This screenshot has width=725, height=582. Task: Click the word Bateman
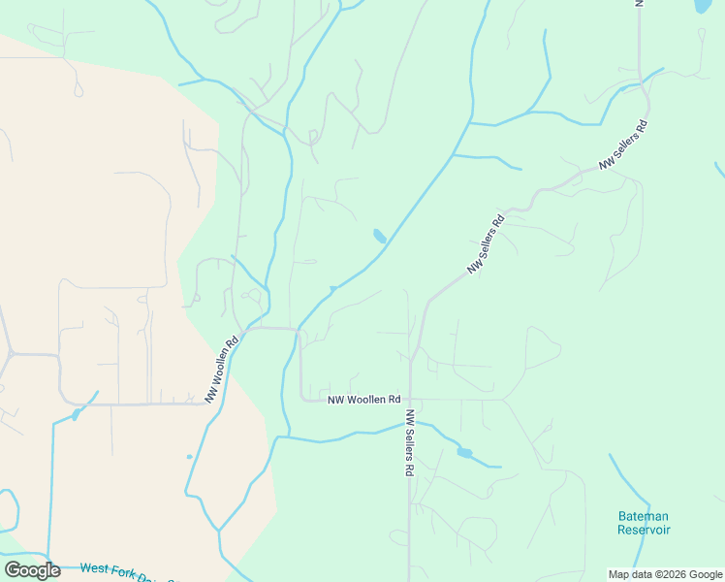pos(644,516)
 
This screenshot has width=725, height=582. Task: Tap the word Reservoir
pos(644,530)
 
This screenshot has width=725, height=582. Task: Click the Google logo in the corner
pos(32,570)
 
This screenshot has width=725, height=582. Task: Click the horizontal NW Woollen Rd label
pos(363,400)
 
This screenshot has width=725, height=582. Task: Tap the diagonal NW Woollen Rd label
pos(221,371)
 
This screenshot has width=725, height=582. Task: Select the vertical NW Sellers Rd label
pos(410,442)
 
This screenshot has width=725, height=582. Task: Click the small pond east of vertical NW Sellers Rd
pos(464,452)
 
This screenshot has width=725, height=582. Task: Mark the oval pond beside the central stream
pos(379,236)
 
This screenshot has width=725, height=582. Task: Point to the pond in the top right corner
pos(703,6)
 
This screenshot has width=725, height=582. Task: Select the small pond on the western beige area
pos(76,415)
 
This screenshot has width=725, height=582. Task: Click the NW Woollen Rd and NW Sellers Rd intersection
pos(410,400)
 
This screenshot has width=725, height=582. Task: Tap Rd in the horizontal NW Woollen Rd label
pos(393,400)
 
